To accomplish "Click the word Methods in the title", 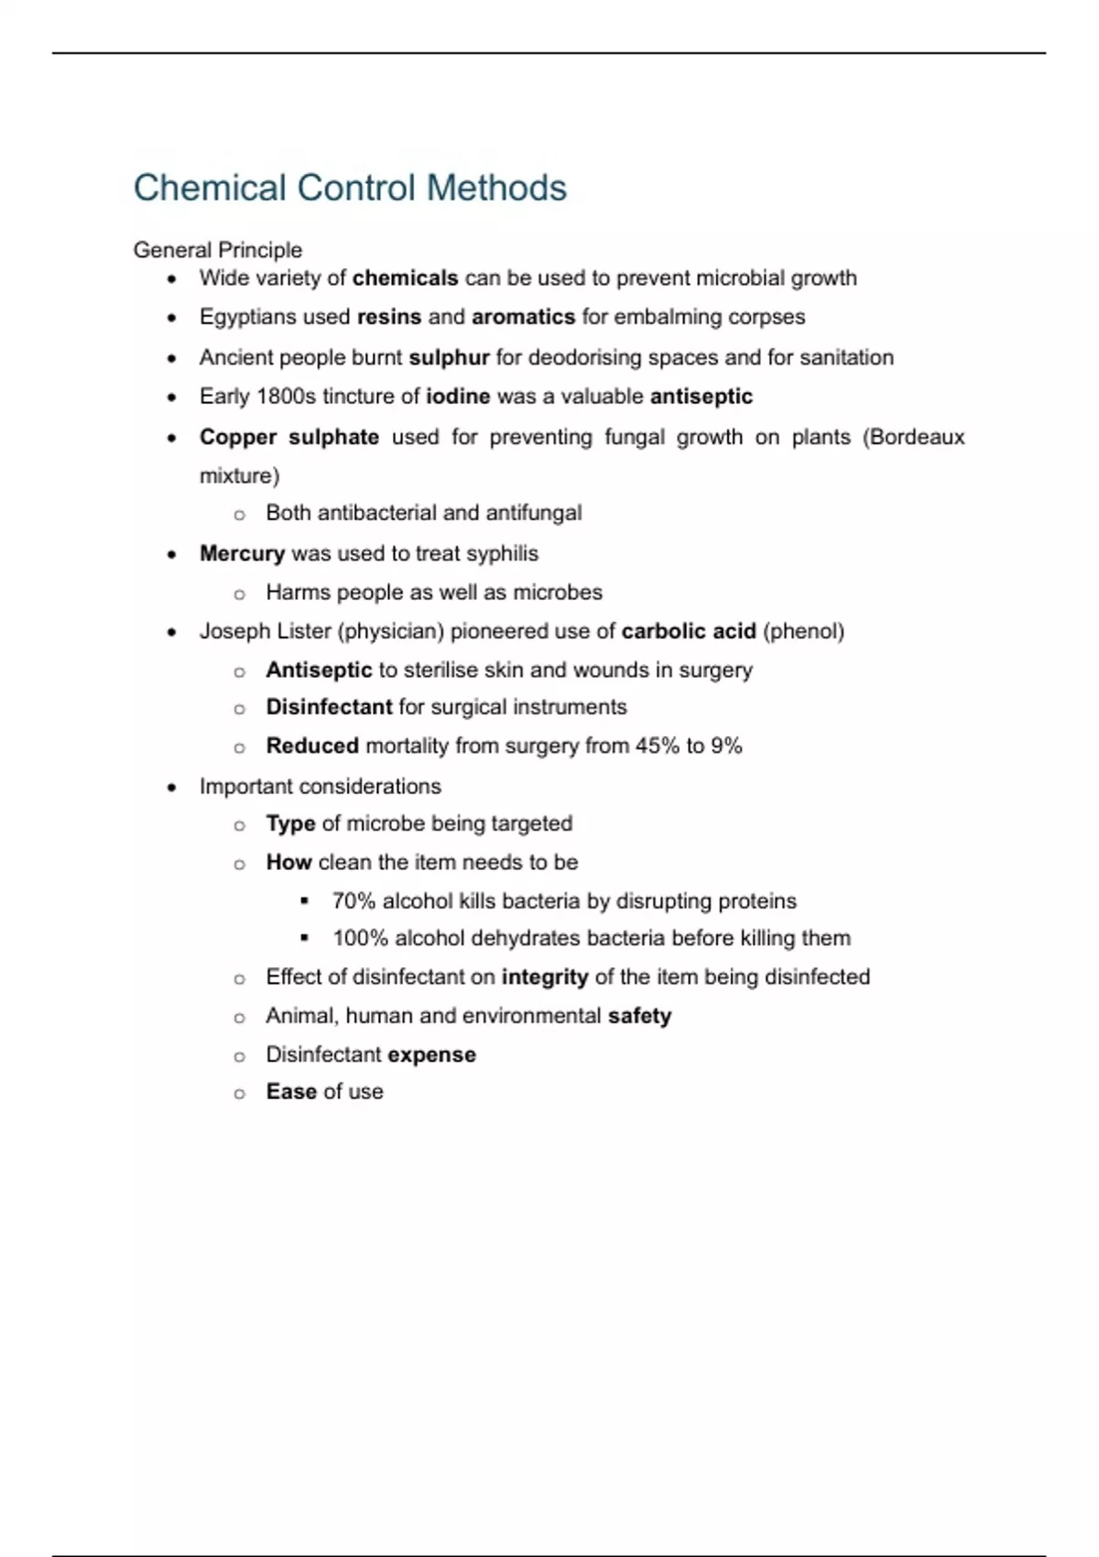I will [496, 188].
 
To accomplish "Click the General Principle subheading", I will [217, 250].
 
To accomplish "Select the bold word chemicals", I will [405, 278].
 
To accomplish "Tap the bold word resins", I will [389, 317].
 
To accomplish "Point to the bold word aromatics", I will [523, 317].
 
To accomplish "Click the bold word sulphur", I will [449, 357].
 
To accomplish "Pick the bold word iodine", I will [458, 397].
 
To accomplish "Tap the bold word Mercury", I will [242, 553].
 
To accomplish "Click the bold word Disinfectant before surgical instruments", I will [329, 707].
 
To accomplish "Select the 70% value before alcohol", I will [354, 900].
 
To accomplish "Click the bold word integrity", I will [545, 977].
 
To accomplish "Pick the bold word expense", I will [431, 1055].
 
